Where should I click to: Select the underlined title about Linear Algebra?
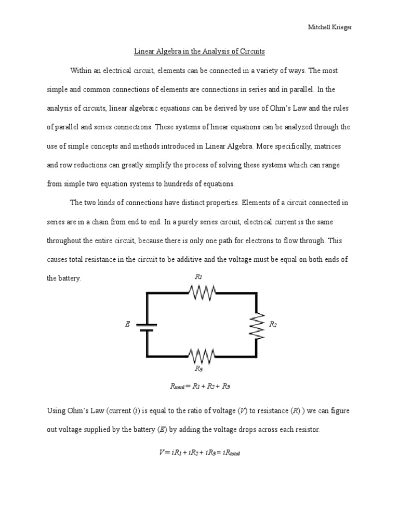pos(199,51)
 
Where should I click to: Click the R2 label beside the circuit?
pos(273,324)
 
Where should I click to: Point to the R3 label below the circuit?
pos(198,369)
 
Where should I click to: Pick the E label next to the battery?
pos(127,324)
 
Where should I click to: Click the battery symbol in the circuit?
pos(147,325)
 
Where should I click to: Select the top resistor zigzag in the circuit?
pos(202,294)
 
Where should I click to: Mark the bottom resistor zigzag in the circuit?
pos(202,356)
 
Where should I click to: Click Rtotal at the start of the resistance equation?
pos(177,387)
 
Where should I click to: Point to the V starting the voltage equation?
pos(162,453)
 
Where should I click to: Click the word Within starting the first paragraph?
pos(80,71)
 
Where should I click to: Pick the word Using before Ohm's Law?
pos(56,411)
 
